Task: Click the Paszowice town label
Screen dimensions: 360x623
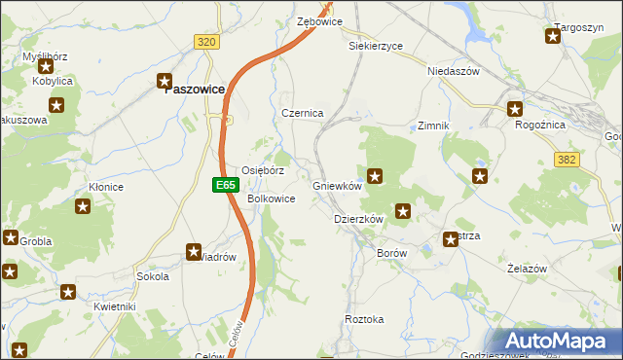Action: (x=194, y=89)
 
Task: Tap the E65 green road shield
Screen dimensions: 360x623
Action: (x=225, y=183)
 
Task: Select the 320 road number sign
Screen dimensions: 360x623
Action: (x=205, y=42)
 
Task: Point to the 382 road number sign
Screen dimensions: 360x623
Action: (x=568, y=159)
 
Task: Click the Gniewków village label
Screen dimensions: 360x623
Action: (x=337, y=186)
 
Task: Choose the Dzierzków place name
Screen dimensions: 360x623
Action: (x=358, y=220)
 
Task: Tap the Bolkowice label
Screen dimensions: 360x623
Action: (x=272, y=198)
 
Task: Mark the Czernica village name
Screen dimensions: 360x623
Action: (x=302, y=113)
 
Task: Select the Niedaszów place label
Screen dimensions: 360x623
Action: (x=454, y=71)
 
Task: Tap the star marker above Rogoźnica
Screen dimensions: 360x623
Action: (x=515, y=109)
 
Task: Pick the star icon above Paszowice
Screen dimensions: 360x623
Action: (x=165, y=81)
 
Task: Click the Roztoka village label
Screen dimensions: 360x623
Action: (x=365, y=319)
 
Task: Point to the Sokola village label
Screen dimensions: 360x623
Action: (x=153, y=276)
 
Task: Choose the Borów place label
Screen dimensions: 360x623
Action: (x=390, y=252)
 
